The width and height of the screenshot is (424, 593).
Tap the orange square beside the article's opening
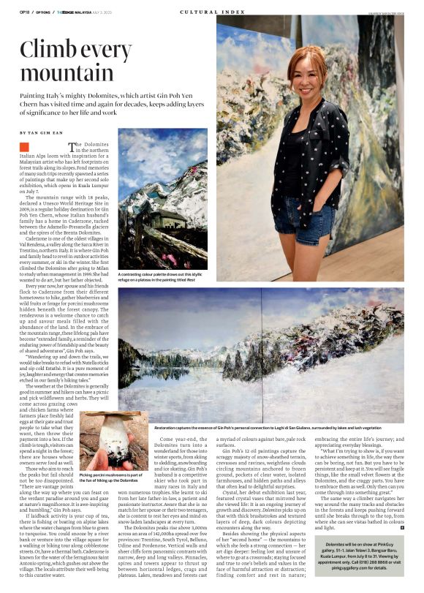point(24,146)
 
